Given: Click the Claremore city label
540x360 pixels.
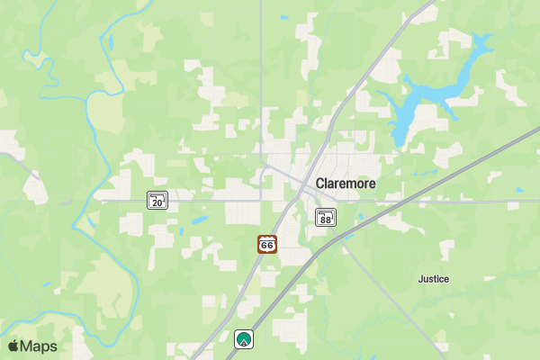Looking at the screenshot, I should (x=346, y=183).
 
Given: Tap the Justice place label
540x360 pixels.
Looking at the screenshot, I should (x=434, y=279).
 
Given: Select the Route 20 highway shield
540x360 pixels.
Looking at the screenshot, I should (x=158, y=201).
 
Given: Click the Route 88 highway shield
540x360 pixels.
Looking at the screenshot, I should (x=326, y=217).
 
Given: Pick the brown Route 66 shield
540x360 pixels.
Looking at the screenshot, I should (x=266, y=244).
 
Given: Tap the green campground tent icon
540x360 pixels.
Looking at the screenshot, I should (x=243, y=339).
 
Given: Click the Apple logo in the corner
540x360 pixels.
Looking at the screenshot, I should (x=13, y=346).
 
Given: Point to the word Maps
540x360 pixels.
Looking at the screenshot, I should (x=40, y=346).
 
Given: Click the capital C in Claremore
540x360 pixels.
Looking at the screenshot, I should (x=320, y=183).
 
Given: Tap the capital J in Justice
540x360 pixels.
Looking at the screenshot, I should (x=421, y=279).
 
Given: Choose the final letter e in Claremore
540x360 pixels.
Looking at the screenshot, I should (x=372, y=184).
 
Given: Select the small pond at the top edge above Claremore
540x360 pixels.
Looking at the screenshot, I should (x=284, y=17).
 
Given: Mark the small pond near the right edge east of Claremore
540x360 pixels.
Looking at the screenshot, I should (x=519, y=189).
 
